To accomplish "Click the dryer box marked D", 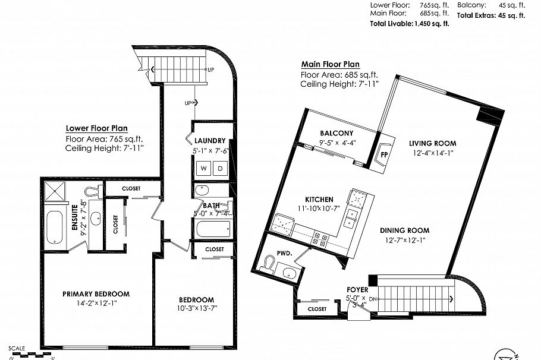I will [x=219, y=168].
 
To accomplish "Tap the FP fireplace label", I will [x=384, y=152].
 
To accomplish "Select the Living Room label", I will [x=432, y=143].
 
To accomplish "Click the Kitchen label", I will [x=319, y=199].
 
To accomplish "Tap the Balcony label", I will [x=336, y=133].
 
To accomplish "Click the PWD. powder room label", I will [x=285, y=252].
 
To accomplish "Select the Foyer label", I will [x=357, y=290].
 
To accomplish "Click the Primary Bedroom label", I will [x=96, y=294].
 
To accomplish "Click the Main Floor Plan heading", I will [x=330, y=65].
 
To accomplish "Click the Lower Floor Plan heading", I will [x=96, y=128].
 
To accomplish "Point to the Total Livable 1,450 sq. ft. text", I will [x=410, y=23].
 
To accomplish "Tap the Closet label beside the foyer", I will [x=317, y=309].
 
